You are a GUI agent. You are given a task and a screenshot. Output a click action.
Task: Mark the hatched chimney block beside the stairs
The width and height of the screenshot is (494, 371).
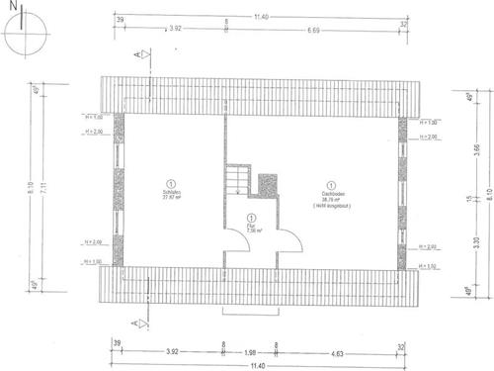268,186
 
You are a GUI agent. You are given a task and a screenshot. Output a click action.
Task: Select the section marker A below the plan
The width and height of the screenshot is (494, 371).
134,324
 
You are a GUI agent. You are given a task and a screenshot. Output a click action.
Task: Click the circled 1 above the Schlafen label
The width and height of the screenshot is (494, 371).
170,183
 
